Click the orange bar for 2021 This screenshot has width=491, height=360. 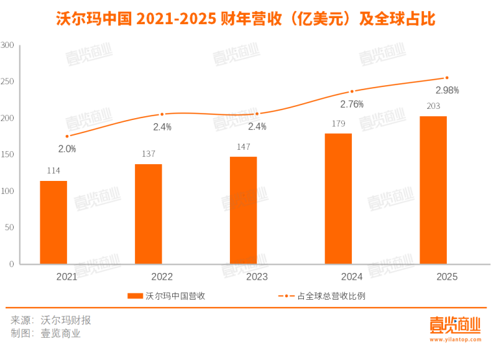click(x=53, y=222)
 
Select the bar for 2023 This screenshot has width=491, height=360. click(x=243, y=210)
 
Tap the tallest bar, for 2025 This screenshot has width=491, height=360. click(x=433, y=190)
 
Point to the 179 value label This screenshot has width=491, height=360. click(x=338, y=124)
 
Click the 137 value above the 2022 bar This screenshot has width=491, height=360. click(x=148, y=154)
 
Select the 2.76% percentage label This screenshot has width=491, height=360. click(x=352, y=104)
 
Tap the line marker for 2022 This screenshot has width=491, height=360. click(x=162, y=114)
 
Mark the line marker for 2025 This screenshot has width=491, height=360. click(x=446, y=78)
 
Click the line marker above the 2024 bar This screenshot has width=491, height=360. click(x=352, y=91)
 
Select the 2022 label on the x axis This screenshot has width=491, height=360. click(x=162, y=277)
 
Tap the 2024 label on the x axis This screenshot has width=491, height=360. click(x=352, y=277)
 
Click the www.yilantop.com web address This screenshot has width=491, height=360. click(x=454, y=340)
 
